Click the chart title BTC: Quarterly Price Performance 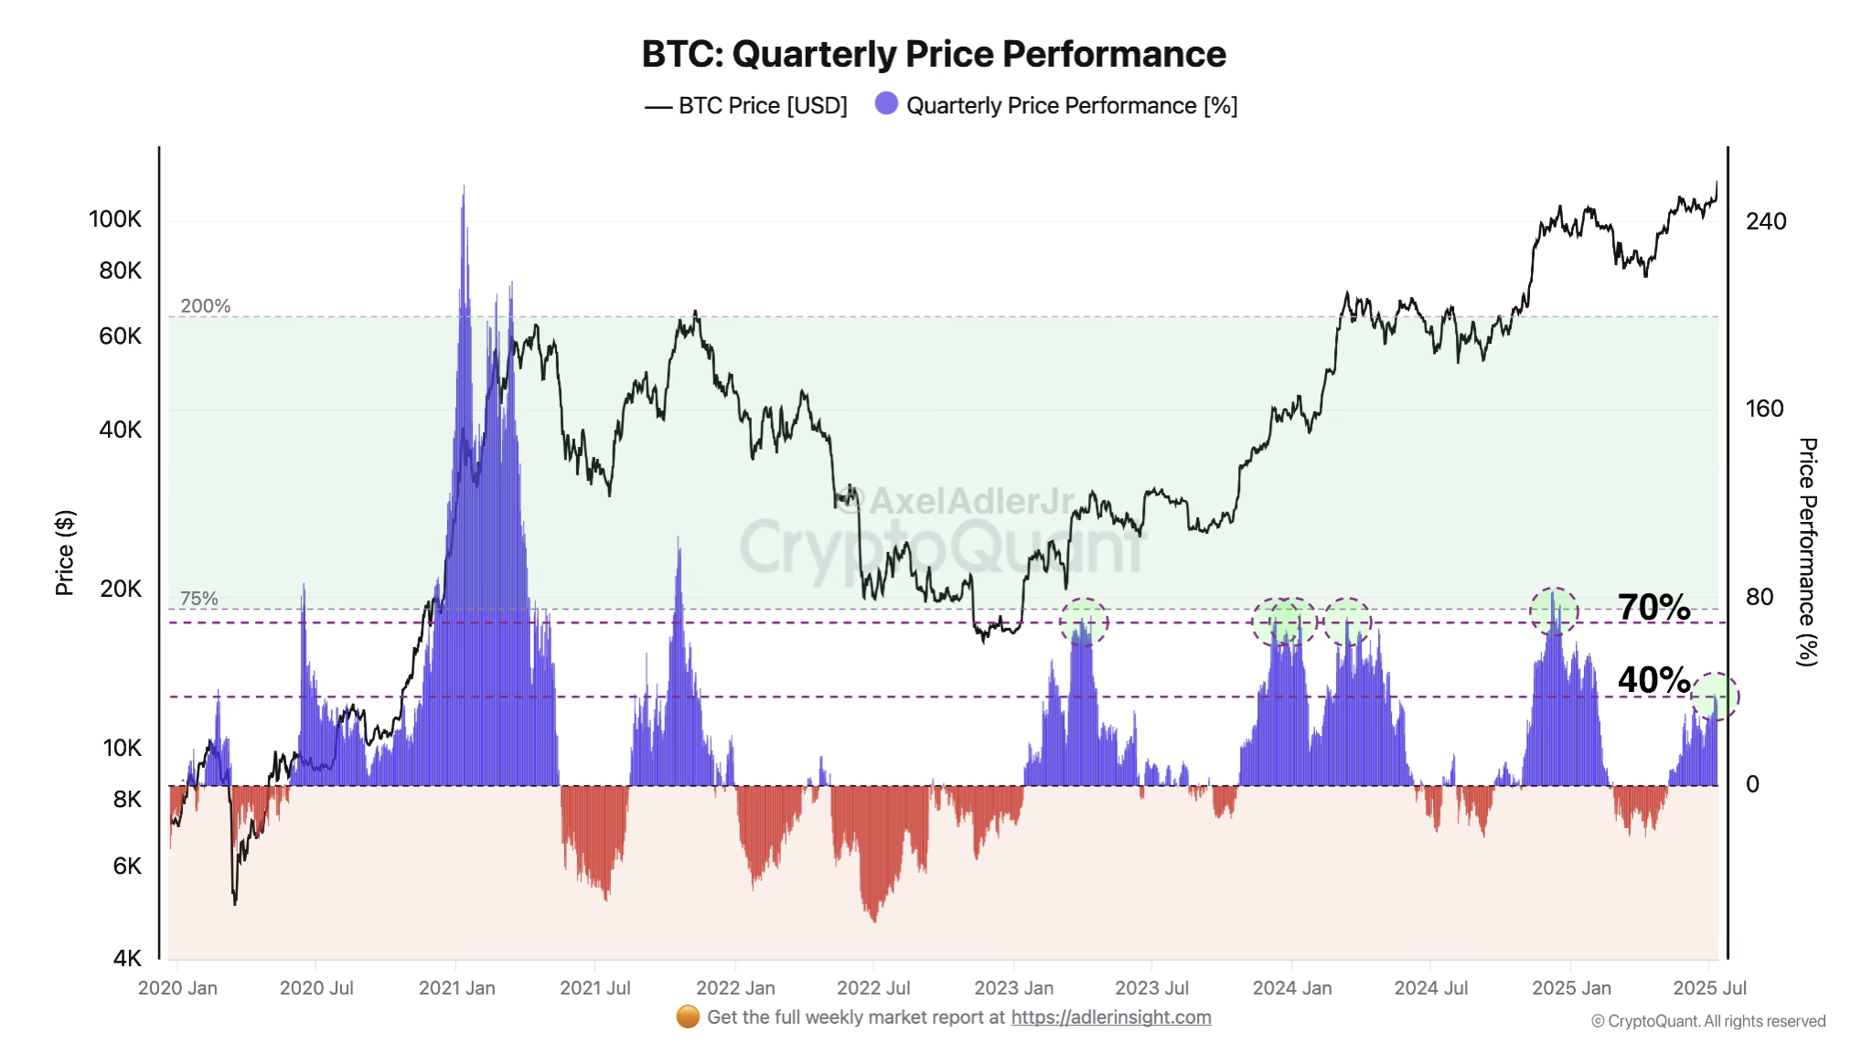933,54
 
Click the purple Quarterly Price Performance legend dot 886,104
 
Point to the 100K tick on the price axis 115,219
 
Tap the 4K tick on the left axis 127,958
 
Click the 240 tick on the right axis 1765,221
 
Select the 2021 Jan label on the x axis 456,988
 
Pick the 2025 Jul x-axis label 1708,988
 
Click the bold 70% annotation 1653,607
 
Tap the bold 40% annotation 1653,680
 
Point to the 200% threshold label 205,306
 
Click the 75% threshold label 198,599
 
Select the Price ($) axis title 64,553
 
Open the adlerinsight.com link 1110,1017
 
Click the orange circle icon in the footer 688,1016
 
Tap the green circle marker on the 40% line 1715,697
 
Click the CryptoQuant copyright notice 1707,1021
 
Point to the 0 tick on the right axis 1752,784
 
